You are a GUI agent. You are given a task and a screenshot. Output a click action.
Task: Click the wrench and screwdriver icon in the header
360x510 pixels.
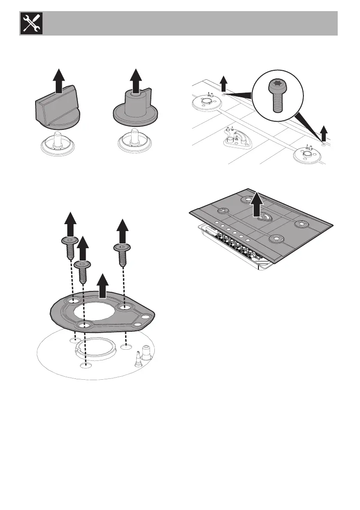coord(29,24)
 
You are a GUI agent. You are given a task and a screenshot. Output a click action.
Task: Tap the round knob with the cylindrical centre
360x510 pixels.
coord(135,109)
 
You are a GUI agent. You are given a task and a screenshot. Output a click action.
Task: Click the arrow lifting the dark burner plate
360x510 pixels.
coord(102,286)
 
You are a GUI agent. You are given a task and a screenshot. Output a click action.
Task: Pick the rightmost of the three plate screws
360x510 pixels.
coord(123,255)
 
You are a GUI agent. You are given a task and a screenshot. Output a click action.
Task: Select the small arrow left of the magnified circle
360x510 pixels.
coord(223,83)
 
